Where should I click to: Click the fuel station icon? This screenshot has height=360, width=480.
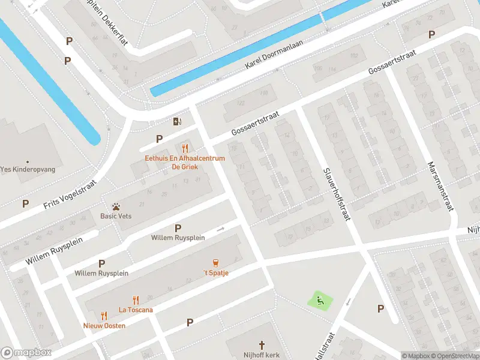point(177,122)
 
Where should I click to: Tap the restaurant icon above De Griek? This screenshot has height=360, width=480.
point(185,148)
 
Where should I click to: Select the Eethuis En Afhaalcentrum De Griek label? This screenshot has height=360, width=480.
point(185,162)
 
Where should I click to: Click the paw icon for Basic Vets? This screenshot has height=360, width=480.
point(116,206)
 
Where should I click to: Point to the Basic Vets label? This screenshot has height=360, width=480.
point(116,216)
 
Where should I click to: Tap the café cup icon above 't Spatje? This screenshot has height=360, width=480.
point(215,263)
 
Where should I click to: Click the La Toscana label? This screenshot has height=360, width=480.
point(136,310)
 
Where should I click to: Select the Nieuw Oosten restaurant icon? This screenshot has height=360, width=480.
point(104,316)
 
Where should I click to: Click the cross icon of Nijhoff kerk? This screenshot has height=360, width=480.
point(262,345)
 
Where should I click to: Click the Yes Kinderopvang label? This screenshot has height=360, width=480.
point(28,170)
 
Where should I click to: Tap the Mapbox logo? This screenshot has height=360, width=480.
point(26,353)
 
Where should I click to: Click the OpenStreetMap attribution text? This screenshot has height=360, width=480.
point(455,356)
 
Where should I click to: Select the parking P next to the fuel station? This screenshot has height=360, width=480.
point(159,139)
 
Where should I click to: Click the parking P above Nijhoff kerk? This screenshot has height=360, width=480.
point(190,323)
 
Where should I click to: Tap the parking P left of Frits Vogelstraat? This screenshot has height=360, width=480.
point(25,204)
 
